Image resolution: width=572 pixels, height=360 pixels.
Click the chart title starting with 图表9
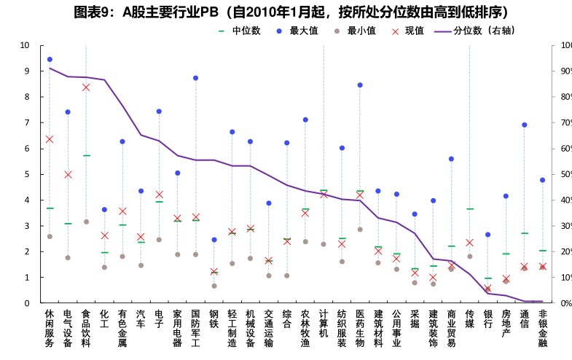click(286, 12)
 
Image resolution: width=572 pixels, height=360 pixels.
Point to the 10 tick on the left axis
click(25, 45)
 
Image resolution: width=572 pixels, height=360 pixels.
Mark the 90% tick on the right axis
click(562, 71)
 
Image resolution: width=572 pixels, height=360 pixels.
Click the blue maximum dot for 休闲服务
click(50, 60)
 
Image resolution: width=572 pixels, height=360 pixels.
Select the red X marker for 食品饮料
click(86, 87)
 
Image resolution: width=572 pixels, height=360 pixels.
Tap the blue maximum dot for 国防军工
click(195, 78)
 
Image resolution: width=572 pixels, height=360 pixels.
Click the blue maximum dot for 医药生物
click(360, 85)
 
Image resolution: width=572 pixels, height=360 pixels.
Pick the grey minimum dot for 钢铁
click(213, 286)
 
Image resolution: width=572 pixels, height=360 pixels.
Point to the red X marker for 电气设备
click(68, 175)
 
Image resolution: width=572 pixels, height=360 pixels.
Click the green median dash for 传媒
click(470, 209)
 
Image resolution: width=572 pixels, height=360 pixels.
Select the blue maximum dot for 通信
click(525, 125)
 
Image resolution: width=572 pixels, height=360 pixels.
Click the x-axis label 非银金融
click(543, 327)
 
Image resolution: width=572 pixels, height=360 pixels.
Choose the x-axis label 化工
click(104, 318)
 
